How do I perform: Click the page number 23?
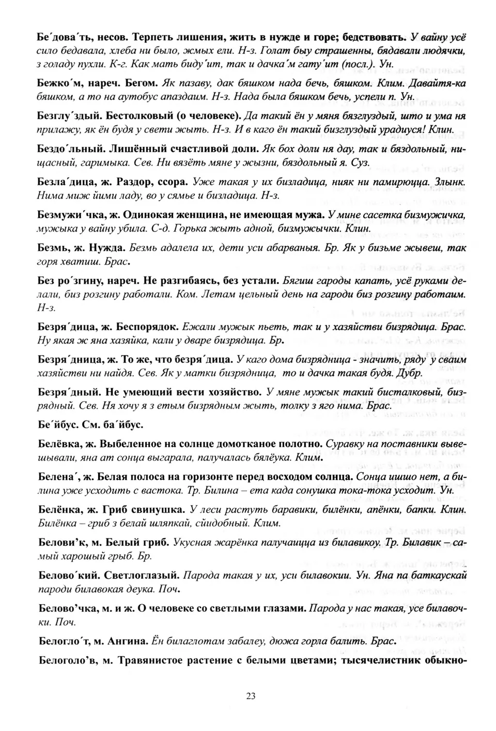click(251, 696)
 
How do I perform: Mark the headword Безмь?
click(51, 248)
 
